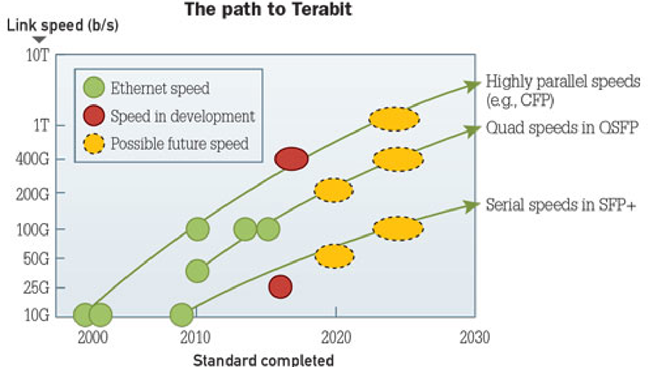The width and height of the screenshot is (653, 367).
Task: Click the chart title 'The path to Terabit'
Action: pos(268,9)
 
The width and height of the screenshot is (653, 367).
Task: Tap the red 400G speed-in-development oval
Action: pos(291,159)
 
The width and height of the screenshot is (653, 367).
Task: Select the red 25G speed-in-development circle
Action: pos(280,287)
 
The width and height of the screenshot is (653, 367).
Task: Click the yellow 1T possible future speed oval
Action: pos(394,119)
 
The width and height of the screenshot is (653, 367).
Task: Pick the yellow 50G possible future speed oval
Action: pos(334,256)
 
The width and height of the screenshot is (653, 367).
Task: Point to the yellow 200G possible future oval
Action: pos(334,191)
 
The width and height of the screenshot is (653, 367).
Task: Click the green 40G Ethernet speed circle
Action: pos(197,271)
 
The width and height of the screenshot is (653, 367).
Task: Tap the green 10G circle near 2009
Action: pos(182,315)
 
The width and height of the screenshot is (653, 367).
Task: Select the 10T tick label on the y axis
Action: pos(38,55)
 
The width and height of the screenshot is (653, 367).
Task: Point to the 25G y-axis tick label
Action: pos(36,287)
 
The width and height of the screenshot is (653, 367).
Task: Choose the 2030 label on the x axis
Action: pos(474,337)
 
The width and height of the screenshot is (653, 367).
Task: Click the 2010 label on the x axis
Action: pos(194,337)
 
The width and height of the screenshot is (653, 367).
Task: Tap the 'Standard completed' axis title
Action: pos(263,360)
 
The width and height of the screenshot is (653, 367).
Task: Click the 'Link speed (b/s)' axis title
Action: pos(62,25)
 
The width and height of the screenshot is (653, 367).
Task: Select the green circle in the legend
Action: pos(93,88)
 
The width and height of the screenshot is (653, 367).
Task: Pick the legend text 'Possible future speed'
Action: pos(180,144)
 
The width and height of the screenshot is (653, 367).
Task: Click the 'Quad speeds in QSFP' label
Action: pos(562,128)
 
